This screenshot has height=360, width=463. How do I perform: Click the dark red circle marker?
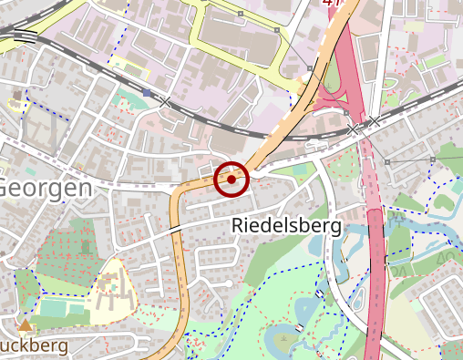pyautogui.click(x=231, y=180)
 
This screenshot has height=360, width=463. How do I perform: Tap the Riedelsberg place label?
pyautogui.click(x=286, y=224)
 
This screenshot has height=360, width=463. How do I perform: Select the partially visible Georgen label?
pyautogui.click(x=46, y=188)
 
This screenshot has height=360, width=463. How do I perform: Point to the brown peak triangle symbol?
pyautogui.click(x=25, y=324)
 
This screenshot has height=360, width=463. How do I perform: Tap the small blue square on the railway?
pyautogui.click(x=148, y=92)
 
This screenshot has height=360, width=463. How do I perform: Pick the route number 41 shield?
pyautogui.click(x=333, y=3)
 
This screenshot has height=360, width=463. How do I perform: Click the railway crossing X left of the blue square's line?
pyautogui.click(x=165, y=102)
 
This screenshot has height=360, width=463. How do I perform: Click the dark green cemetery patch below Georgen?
pyautogui.click(x=77, y=246)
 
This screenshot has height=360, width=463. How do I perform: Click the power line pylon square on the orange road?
pyautogui.click(x=310, y=68)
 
